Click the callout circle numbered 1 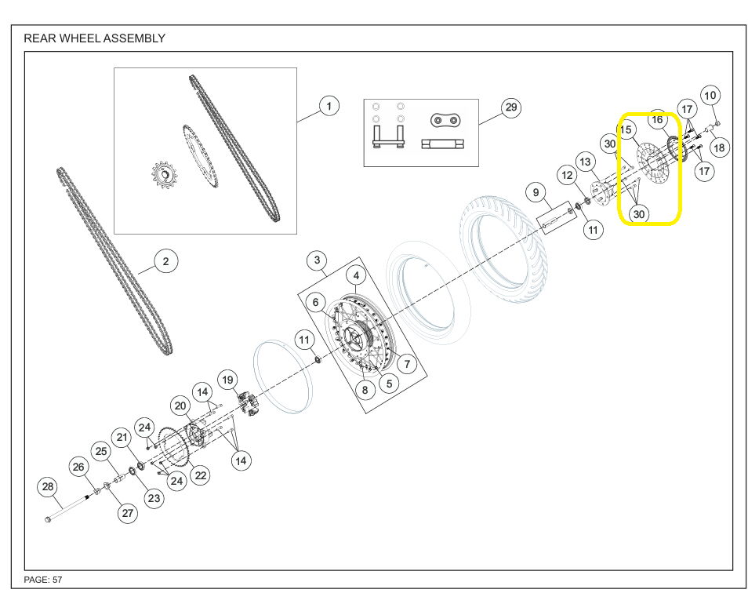(x=329, y=105)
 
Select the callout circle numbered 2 (x=165, y=261)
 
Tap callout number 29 (x=510, y=107)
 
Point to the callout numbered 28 (x=48, y=487)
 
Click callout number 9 (x=536, y=192)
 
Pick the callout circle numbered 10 (x=710, y=96)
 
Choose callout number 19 (x=227, y=380)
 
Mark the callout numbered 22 (x=201, y=475)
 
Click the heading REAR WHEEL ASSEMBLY (x=94, y=38)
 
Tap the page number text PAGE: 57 (x=43, y=580)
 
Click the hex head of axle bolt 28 (x=47, y=519)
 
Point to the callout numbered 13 (x=586, y=162)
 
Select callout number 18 (x=719, y=147)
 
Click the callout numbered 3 (x=318, y=260)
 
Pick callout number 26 (x=78, y=467)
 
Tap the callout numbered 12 (x=567, y=176)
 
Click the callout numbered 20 (x=180, y=406)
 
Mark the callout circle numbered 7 (x=407, y=364)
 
